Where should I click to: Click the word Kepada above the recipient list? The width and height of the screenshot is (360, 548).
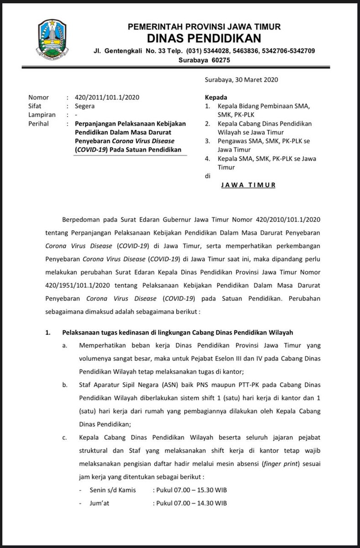[x=216, y=97]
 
